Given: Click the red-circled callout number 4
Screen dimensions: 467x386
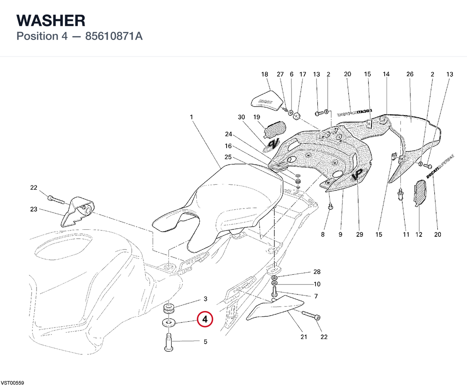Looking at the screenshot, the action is (x=205, y=319).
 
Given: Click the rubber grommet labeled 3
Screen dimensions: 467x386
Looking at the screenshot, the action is (x=169, y=308).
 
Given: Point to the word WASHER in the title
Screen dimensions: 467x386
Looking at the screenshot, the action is (x=51, y=20).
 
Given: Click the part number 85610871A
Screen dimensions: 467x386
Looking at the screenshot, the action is (x=114, y=36).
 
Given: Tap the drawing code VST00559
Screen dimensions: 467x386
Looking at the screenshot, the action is (x=12, y=383).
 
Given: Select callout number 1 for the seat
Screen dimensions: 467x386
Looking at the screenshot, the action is (x=191, y=117).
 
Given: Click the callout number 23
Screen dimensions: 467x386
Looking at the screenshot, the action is (x=34, y=209).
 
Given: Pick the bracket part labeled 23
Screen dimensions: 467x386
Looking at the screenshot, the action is (x=77, y=211).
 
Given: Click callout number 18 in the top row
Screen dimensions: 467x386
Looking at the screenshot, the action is (x=265, y=74).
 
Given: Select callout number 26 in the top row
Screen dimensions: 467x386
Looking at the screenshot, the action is (x=410, y=74).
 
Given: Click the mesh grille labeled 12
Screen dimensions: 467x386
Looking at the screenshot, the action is (x=420, y=193).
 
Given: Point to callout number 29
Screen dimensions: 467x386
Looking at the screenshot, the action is (x=360, y=234).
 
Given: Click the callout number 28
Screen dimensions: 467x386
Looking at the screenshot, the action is (x=317, y=272).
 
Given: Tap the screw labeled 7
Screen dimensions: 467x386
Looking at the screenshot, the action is (x=274, y=292).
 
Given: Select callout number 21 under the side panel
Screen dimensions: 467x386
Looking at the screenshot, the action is (x=304, y=337).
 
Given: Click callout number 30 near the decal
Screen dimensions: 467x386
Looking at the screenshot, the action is (x=241, y=117).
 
